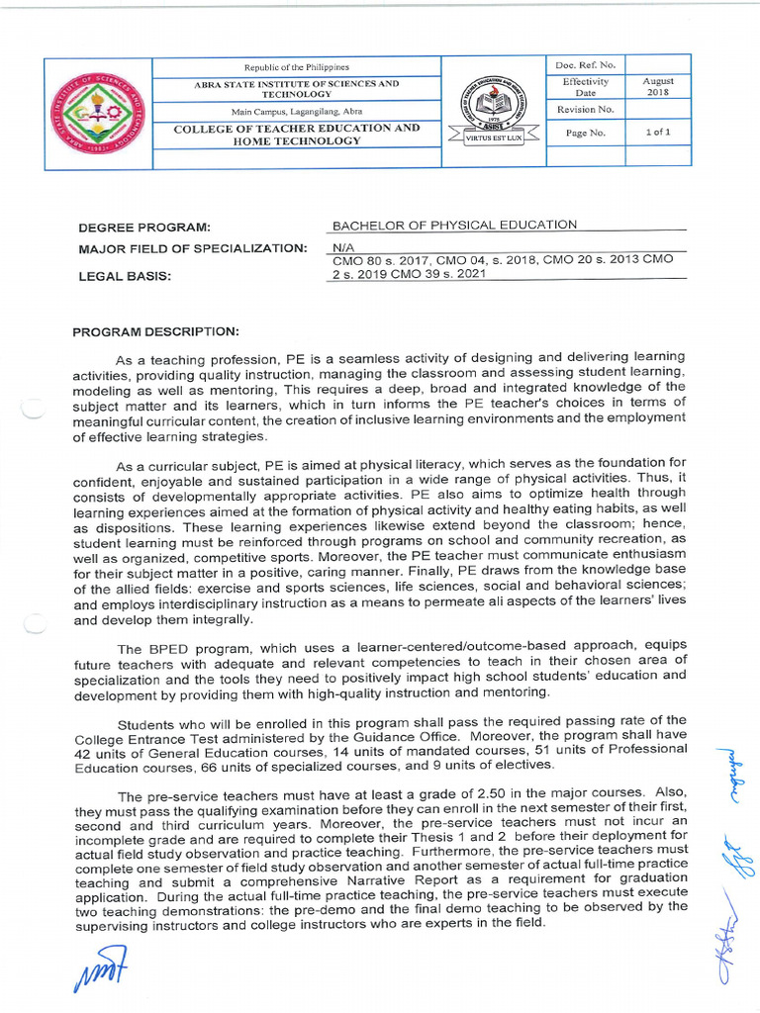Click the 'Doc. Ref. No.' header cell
[586, 65]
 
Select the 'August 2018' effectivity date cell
[658, 87]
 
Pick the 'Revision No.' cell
[586, 110]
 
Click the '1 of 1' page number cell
[658, 133]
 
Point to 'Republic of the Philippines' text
[297, 66]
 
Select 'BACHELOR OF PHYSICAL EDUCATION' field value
[454, 225]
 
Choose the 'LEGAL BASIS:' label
[126, 277]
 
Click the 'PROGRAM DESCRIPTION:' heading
[155, 332]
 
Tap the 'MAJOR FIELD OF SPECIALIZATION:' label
[193, 248]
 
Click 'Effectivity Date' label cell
[586, 87]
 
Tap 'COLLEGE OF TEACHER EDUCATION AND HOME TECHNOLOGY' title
[297, 135]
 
